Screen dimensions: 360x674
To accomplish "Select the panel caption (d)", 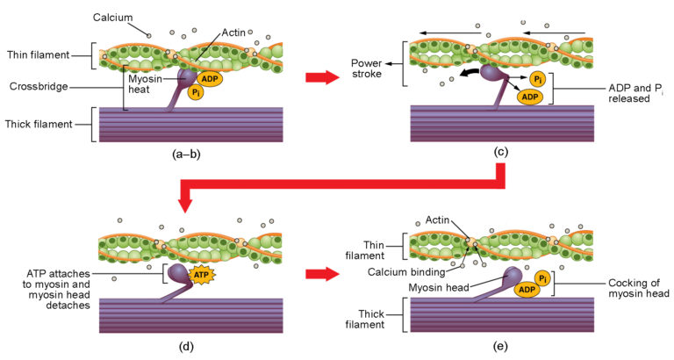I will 186,344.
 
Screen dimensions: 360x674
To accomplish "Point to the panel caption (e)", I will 501,344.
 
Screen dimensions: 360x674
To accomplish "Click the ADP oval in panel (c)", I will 531,96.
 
